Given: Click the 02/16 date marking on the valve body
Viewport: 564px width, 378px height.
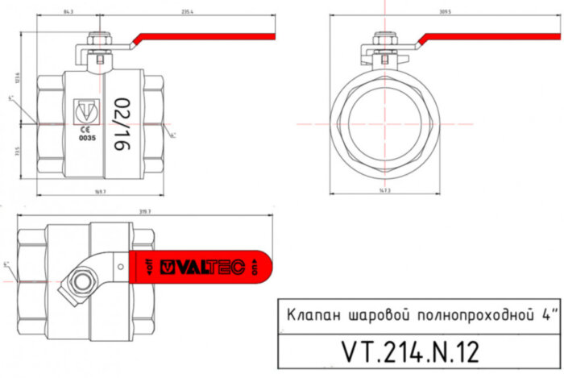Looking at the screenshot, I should point(122,124).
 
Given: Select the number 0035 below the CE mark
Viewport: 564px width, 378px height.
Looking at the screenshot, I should point(86,138).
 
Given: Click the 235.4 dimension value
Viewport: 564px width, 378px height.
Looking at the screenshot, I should point(189,12).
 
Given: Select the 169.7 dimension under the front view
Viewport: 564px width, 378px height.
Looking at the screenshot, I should point(101,193).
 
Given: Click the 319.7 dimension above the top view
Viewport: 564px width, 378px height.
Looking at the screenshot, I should point(145,211).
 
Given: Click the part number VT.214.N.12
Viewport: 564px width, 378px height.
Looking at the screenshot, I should point(410,353).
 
